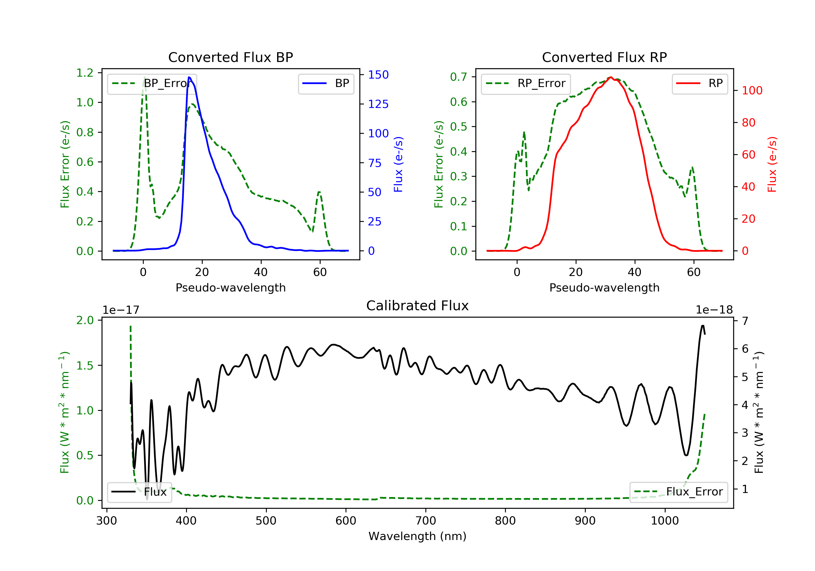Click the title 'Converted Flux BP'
[230, 57]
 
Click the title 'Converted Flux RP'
[604, 57]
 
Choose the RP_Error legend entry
[526, 83]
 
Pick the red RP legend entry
[700, 83]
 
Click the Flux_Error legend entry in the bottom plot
[678, 492]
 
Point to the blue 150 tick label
[378, 75]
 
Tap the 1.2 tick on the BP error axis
[85, 73]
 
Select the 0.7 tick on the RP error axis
[459, 77]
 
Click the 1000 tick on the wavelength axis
[664, 521]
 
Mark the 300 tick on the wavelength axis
[106, 521]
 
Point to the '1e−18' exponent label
[714, 310]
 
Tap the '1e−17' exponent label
[121, 310]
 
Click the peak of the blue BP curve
[189, 77]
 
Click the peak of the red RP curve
[610, 77]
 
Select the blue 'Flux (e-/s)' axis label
[398, 164]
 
